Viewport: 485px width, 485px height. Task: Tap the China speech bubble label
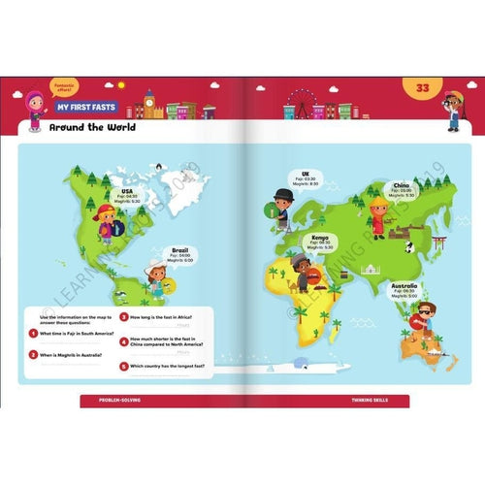(x=400, y=188)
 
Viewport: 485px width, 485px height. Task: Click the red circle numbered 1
(x=33, y=333)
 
